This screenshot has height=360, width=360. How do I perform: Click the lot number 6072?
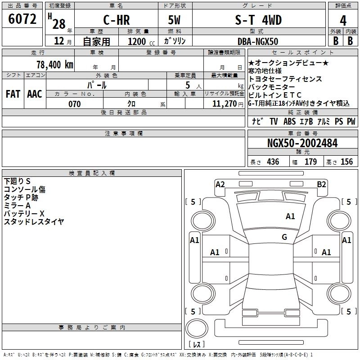pos(22,19)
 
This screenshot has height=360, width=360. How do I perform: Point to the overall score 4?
pos(343,21)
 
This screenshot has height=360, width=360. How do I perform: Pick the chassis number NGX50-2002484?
pos(302,144)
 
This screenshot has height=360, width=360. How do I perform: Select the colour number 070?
pos(74,104)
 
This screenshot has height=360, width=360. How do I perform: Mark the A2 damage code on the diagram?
pos(220,184)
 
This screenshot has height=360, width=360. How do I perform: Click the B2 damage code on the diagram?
pos(321,184)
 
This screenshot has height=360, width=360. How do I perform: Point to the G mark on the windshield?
pos(284,237)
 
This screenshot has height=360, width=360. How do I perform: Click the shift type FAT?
pos(13,94)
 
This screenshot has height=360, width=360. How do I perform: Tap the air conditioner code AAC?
pos(35,94)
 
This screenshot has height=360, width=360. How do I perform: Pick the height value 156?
pos(346,162)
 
